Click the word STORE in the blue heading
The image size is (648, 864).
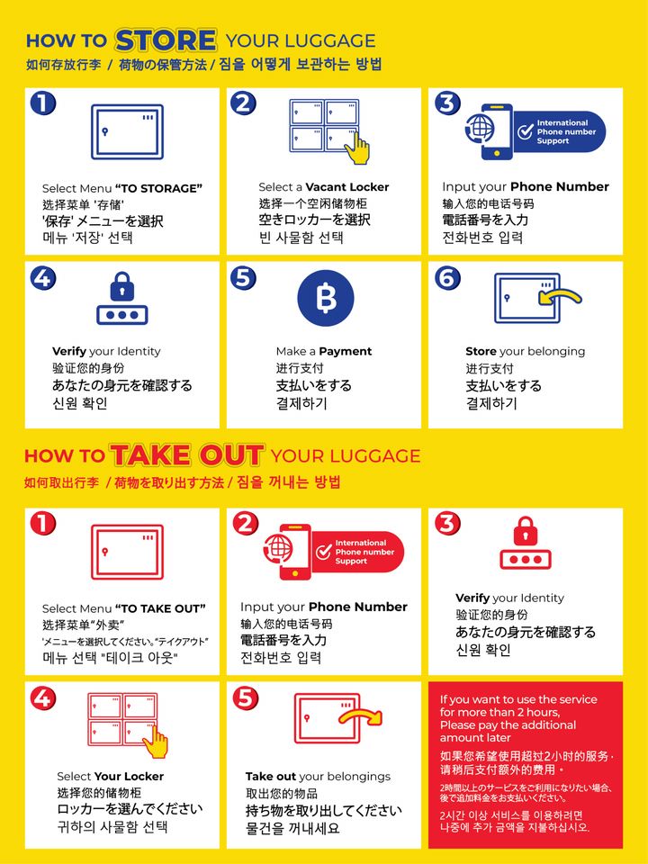tap(166, 40)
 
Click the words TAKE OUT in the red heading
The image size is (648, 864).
tap(187, 455)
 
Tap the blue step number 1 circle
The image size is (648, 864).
tap(43, 103)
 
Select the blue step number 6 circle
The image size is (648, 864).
tap(447, 278)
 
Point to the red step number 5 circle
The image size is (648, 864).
tap(245, 698)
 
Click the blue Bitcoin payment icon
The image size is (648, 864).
tap(325, 298)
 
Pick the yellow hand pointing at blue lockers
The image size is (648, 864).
tap(359, 148)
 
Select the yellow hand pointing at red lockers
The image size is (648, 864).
tap(157, 741)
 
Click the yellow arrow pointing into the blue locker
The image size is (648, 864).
tap(561, 298)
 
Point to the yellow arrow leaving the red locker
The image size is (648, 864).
tap(360, 717)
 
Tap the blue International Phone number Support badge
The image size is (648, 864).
tap(559, 132)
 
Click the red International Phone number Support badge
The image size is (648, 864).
tap(357, 552)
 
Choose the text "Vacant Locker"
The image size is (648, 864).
tap(347, 187)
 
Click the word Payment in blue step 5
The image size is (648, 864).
tap(346, 352)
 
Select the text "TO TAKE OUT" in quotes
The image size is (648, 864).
tap(160, 608)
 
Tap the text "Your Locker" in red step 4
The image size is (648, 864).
tap(129, 776)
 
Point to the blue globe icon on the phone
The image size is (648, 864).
tap(480, 128)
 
